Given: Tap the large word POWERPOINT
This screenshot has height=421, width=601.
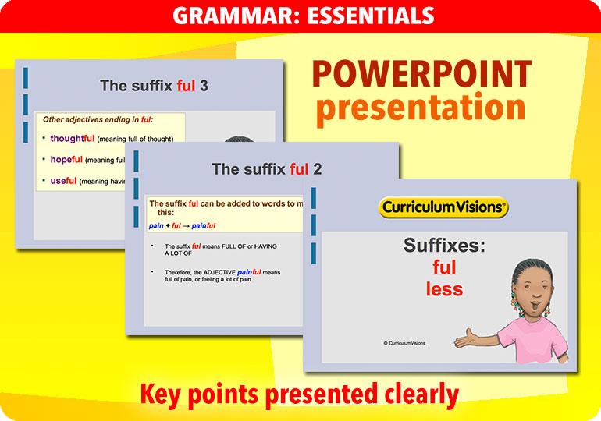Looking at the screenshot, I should (x=421, y=75).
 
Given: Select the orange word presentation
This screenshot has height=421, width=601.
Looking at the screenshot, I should (x=421, y=108).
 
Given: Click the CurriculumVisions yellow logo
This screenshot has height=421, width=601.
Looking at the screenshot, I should (x=443, y=207).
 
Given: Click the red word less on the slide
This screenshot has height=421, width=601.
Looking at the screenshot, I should (x=444, y=289).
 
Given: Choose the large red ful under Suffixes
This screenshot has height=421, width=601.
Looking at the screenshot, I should (x=444, y=267).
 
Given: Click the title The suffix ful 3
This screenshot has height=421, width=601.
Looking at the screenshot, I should (x=154, y=86).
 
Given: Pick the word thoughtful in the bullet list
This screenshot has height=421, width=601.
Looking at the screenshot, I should (x=73, y=139).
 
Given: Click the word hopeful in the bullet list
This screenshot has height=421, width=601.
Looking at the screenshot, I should (x=66, y=160).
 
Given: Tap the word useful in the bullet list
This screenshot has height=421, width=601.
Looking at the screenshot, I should (x=64, y=181).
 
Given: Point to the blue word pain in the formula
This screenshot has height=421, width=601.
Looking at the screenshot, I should (x=156, y=225).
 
